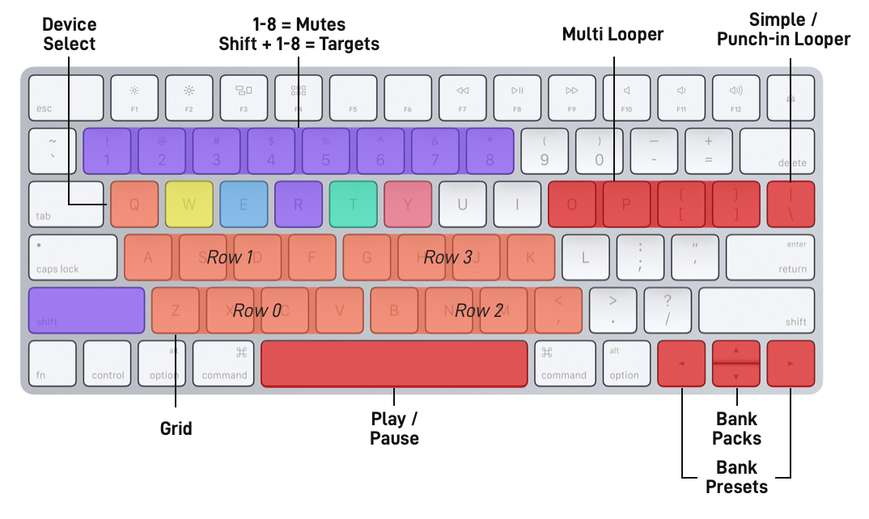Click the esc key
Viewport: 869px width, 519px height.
(x=66, y=97)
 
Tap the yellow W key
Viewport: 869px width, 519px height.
(x=189, y=204)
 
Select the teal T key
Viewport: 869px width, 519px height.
(x=353, y=204)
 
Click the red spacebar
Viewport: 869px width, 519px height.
(x=394, y=364)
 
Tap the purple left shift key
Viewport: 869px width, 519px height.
(x=87, y=310)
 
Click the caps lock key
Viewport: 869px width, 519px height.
(x=73, y=257)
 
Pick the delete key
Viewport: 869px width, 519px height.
(x=777, y=150)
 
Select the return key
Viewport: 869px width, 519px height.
(x=769, y=257)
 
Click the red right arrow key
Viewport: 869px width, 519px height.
(x=790, y=364)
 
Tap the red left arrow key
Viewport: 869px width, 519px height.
(x=681, y=364)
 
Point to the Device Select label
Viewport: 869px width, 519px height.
(x=70, y=34)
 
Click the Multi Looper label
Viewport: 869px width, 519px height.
(x=613, y=34)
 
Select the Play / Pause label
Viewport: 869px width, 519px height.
(x=394, y=428)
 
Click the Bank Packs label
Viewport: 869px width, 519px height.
(x=736, y=428)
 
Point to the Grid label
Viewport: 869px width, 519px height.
(x=176, y=428)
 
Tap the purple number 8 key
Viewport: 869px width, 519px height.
(x=489, y=150)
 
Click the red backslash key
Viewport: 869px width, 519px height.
(x=791, y=204)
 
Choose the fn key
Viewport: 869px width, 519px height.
(x=53, y=364)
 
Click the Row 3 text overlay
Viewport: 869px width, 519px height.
(x=447, y=258)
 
